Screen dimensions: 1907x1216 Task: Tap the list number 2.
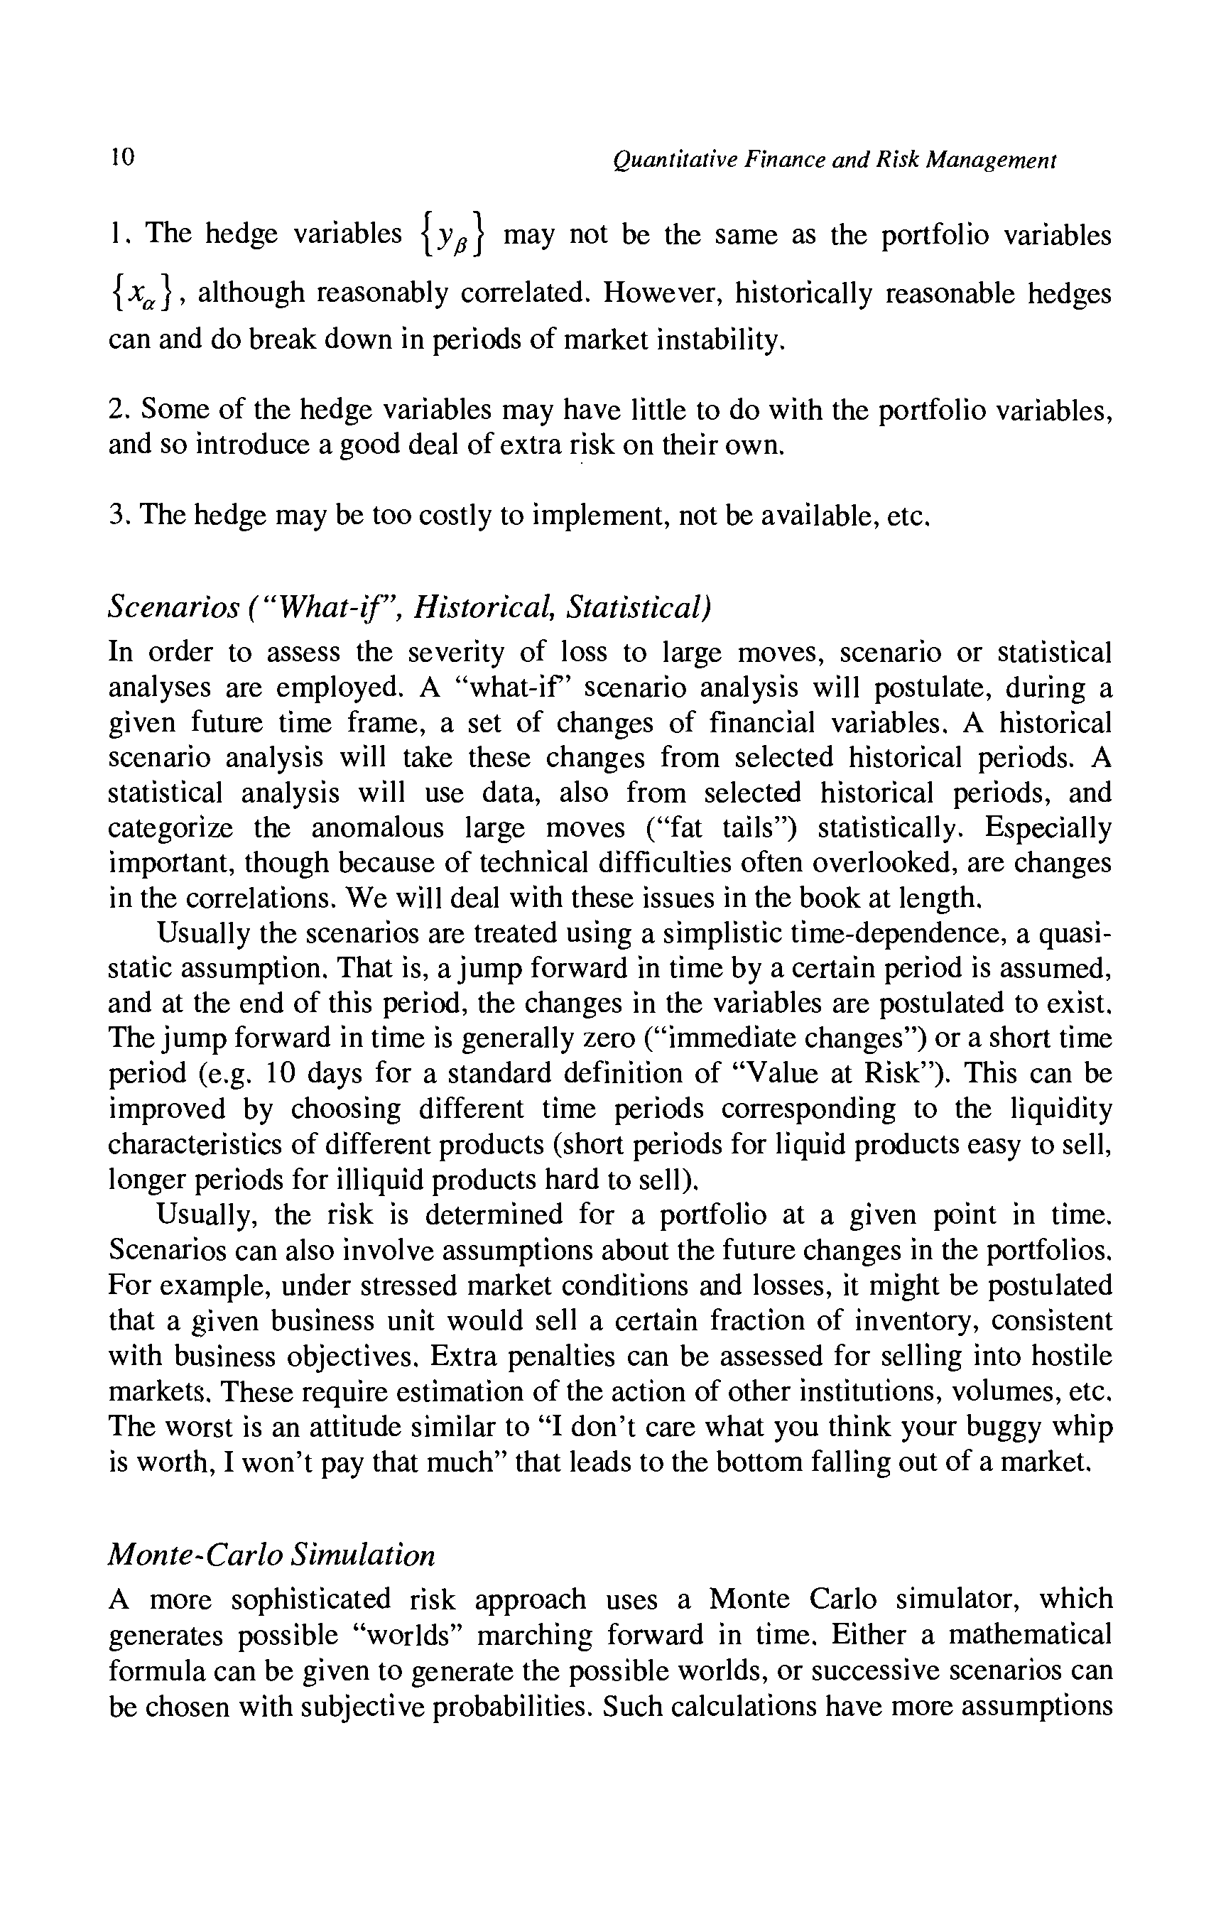[118, 411]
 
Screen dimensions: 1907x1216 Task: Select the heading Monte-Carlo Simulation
[271, 1555]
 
